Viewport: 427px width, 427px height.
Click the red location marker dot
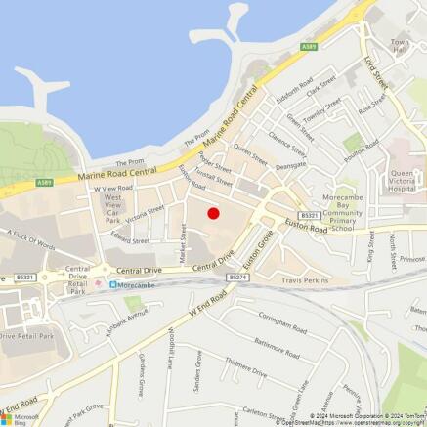213,213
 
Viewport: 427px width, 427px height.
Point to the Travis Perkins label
308,279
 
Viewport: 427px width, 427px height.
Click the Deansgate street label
289,167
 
